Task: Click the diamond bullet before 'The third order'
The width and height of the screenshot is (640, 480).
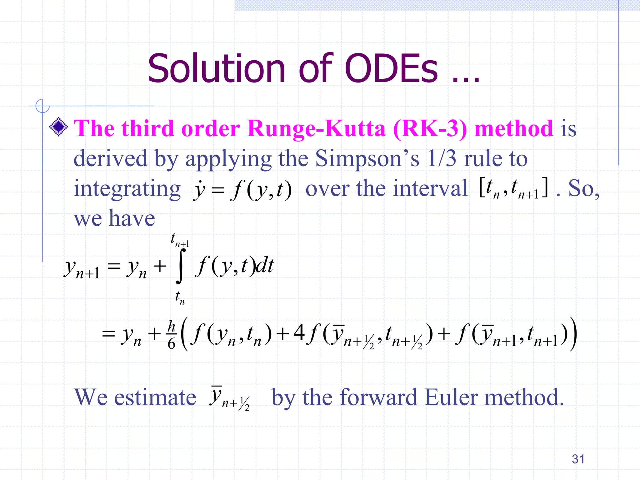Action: (x=58, y=127)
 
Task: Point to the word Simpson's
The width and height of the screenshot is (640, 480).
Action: (x=367, y=158)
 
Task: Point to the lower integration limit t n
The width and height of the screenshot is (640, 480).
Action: (x=180, y=297)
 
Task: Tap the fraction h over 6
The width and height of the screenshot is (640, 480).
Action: (x=172, y=335)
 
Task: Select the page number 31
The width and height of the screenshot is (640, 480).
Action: (x=578, y=459)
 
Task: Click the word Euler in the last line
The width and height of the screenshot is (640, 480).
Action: (x=451, y=397)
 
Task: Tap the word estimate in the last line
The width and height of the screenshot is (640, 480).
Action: (x=155, y=397)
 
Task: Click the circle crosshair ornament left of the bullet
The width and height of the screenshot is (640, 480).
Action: (x=42, y=106)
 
